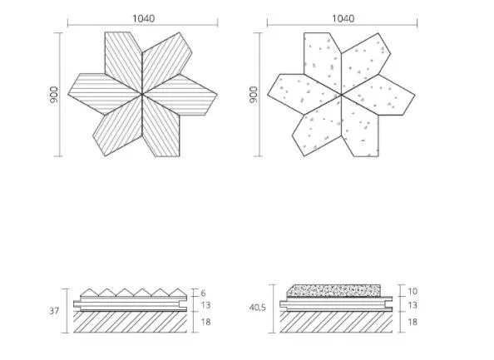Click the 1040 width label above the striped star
143,18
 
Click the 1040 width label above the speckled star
343,18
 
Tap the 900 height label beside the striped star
54,95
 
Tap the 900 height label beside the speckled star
254,95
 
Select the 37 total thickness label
54,311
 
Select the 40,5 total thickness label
258,308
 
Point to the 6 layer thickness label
203,293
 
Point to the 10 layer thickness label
412,291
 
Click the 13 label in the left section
205,305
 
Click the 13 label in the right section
412,305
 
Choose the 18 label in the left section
205,322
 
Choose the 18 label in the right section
412,322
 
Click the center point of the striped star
142,94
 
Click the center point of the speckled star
341,94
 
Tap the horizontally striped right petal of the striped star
181,95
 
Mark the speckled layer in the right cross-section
334,291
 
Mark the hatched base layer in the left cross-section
130,322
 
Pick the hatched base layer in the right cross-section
336,322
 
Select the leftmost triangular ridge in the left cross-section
90,293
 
